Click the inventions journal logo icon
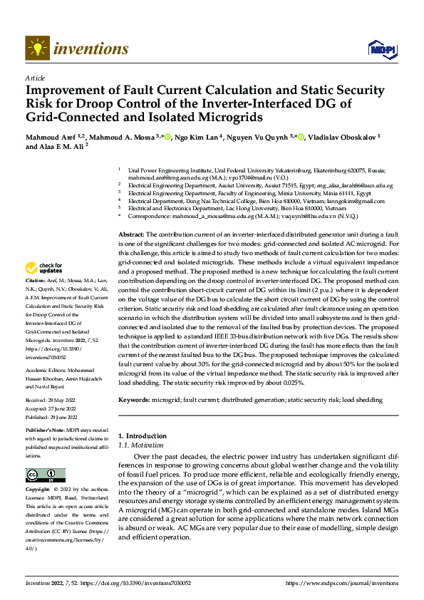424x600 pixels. click(x=37, y=48)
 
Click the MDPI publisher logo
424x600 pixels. click(x=381, y=48)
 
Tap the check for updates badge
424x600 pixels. click(x=44, y=269)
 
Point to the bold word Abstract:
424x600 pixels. click(x=131, y=234)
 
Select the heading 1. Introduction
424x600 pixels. click(x=142, y=436)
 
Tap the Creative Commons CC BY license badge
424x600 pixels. click(x=45, y=476)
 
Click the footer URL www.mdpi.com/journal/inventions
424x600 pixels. click(x=341, y=584)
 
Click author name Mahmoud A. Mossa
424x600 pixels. click(x=116, y=136)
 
